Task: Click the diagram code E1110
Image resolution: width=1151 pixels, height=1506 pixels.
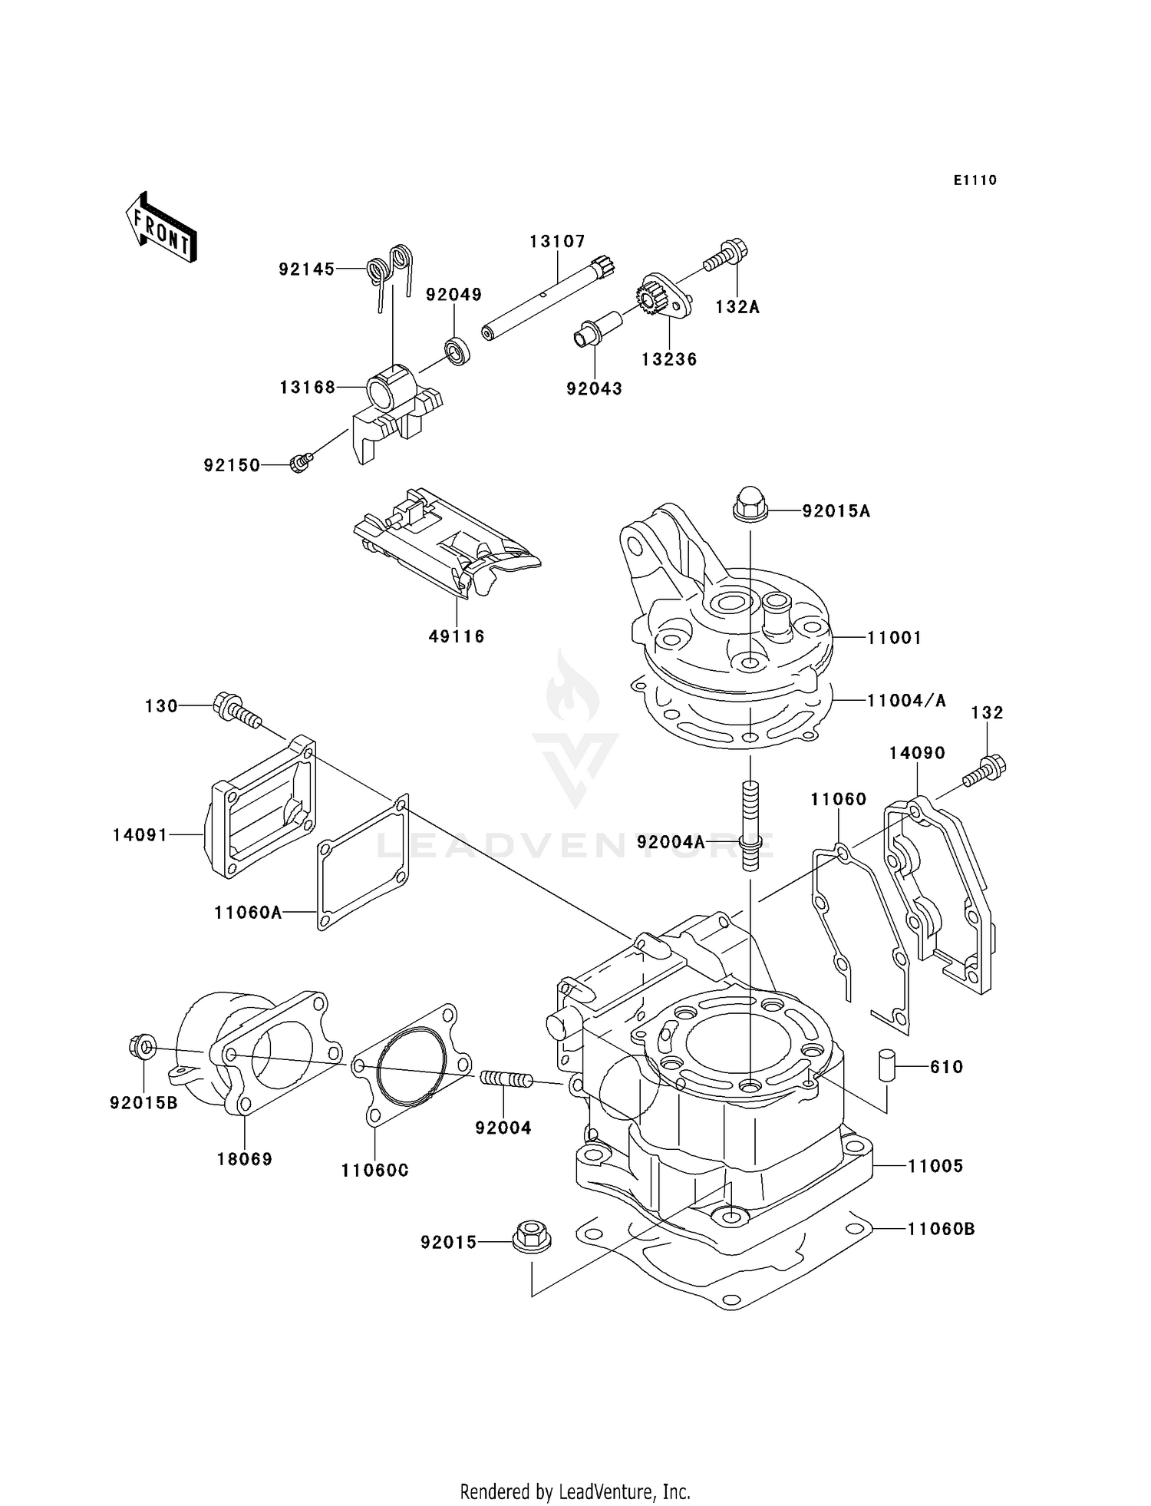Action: (975, 180)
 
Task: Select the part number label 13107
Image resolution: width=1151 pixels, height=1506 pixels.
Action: (557, 242)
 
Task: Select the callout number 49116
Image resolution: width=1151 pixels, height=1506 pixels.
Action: (457, 636)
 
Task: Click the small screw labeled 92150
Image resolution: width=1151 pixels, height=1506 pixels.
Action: (299, 463)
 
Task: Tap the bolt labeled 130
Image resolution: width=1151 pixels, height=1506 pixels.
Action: (237, 710)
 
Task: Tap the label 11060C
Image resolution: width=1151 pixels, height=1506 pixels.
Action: (374, 1171)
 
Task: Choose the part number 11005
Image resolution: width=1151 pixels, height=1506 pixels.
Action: (935, 1166)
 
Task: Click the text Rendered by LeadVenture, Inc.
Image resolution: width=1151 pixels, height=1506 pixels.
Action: (575, 1491)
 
